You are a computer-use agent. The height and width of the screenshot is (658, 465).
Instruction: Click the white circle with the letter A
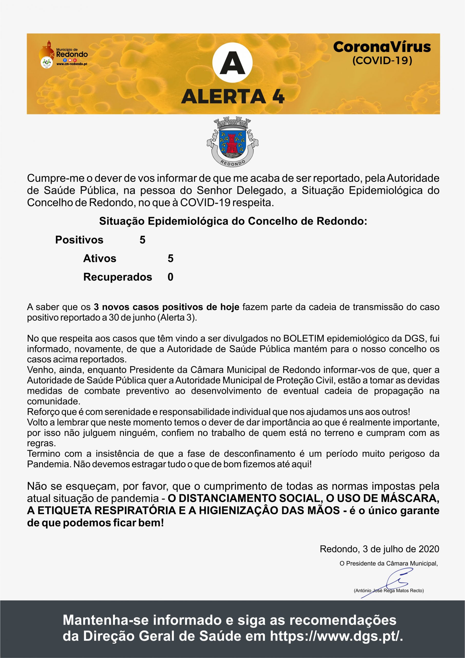[232, 62]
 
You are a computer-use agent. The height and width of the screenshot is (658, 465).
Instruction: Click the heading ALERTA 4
[233, 97]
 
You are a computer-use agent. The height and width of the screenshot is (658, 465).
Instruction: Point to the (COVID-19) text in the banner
[382, 60]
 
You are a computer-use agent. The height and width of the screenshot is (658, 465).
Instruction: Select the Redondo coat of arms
[232, 141]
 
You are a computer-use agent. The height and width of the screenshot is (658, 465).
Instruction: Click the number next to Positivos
[142, 240]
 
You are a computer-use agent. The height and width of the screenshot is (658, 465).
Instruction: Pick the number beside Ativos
[170, 259]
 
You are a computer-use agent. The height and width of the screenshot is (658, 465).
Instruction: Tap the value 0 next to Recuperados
[170, 277]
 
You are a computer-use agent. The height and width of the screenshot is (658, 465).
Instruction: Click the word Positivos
[79, 240]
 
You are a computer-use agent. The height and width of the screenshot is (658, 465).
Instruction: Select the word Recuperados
[117, 277]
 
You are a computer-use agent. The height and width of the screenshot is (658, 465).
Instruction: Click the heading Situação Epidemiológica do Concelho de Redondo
[233, 221]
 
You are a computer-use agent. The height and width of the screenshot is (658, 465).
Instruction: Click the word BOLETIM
[303, 339]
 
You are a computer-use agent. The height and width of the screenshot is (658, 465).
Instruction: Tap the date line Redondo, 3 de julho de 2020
[379, 549]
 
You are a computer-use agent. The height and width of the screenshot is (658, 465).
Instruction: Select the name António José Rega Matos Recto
[388, 590]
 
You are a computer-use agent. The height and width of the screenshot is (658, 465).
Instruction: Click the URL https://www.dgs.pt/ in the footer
[336, 636]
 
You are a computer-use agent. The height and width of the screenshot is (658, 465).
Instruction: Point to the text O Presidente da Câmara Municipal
[388, 563]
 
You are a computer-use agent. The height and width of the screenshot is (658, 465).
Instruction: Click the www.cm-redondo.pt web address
[72, 64]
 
